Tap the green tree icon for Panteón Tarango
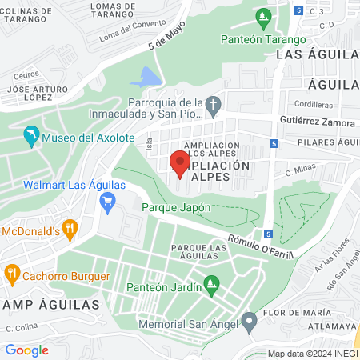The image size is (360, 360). [262, 16]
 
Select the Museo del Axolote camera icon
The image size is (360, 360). [31, 137]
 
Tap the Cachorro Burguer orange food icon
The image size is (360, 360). [12, 275]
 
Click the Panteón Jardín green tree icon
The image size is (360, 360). [211, 282]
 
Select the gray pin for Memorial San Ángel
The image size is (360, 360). [250, 324]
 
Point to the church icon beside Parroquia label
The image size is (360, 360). [213, 106]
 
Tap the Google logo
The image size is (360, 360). [26, 350]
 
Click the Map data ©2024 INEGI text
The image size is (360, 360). [312, 354]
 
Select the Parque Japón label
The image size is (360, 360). [176, 207]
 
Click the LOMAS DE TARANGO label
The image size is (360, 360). [118, 11]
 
